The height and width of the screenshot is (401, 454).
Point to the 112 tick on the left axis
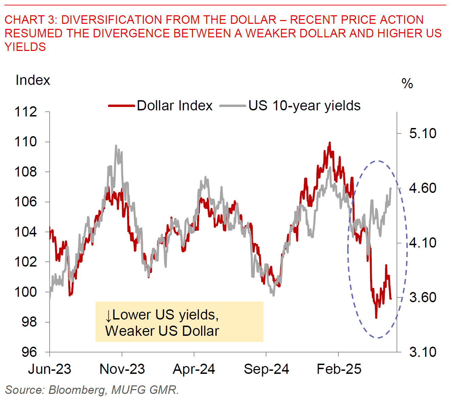pos(26,112)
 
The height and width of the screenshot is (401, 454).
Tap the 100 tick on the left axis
pos(26,292)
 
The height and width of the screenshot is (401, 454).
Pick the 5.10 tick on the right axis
pos(423,133)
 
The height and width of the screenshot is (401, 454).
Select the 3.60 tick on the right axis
pos(423,297)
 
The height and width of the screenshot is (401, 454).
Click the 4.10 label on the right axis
pos(423,243)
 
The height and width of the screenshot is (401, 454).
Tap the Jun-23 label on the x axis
pos(50,369)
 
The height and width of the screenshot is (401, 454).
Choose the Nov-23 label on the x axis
pos(122,369)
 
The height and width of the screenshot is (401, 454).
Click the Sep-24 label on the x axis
pos(266,369)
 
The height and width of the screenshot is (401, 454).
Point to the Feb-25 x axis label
pos(339,369)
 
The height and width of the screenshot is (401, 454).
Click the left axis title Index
pos(33,80)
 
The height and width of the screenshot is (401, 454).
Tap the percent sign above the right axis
pos(407,84)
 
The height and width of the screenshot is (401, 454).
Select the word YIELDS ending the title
pos(25,47)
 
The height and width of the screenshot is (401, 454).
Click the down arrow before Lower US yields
pos(108,316)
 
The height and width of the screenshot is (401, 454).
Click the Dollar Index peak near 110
pos(329,143)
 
